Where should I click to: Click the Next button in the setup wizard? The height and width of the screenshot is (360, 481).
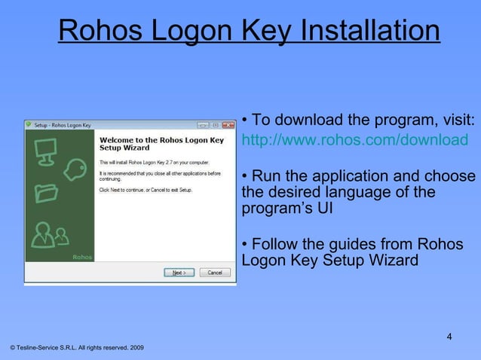(179, 273)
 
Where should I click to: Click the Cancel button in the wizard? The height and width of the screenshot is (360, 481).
(214, 273)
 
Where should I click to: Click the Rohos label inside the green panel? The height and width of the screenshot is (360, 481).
(82, 257)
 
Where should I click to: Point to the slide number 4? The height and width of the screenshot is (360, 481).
(449, 336)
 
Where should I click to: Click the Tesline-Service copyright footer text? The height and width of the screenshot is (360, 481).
(74, 348)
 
